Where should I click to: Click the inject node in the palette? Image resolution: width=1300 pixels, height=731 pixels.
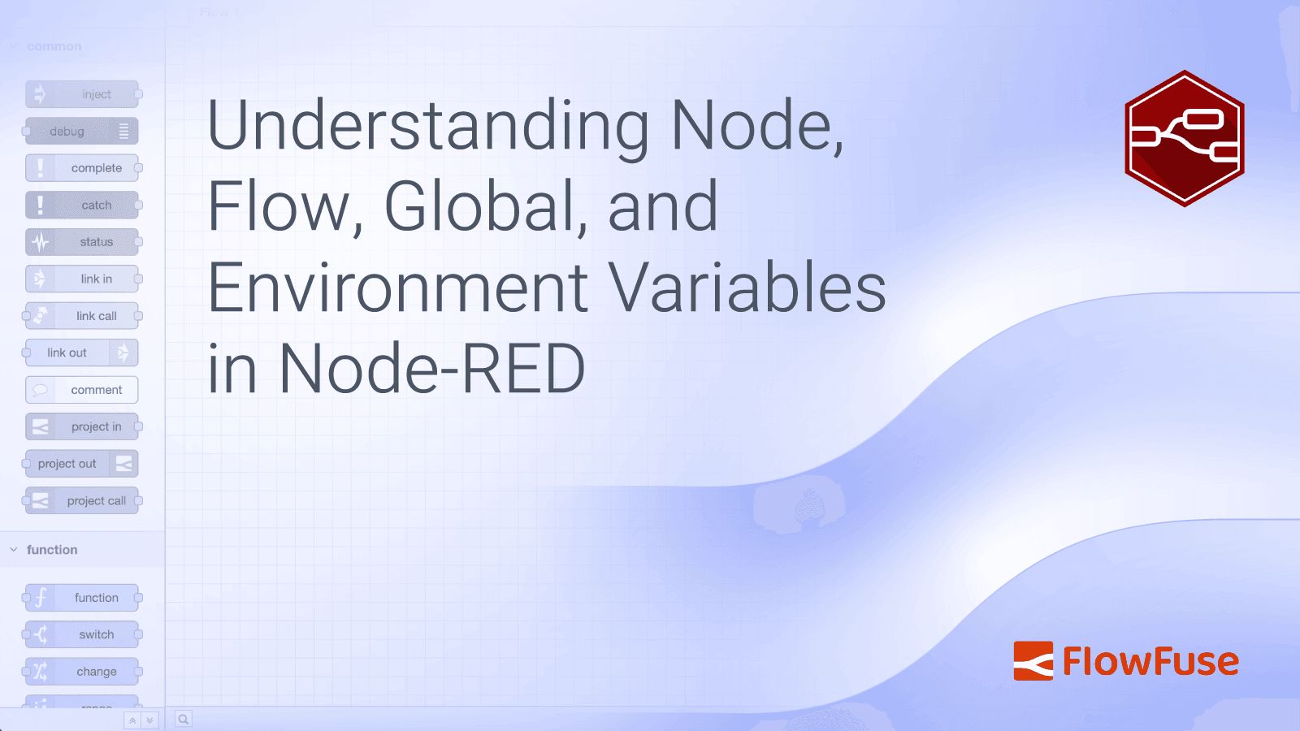[82, 94]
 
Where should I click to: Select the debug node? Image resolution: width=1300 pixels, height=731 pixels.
[82, 132]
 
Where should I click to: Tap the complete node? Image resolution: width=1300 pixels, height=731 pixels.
[82, 168]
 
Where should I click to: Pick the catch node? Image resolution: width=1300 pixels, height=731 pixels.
[82, 205]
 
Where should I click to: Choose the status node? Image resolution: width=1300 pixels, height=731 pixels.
[82, 242]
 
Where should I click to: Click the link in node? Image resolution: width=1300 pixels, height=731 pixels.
[82, 279]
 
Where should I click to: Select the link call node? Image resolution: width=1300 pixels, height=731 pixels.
[82, 316]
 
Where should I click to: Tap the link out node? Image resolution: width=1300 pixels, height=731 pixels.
[82, 353]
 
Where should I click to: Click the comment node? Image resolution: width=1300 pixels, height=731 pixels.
[82, 390]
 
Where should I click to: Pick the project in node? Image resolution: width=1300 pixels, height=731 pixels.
[82, 427]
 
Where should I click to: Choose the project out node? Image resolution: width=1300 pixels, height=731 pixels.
[82, 464]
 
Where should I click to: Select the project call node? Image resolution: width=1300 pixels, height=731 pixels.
[82, 501]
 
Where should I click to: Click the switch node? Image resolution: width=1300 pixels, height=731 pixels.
[82, 635]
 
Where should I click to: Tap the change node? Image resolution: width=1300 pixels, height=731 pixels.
[82, 672]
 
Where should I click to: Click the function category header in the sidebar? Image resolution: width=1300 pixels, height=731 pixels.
[52, 550]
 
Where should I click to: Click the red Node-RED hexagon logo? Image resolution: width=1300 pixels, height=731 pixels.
[1185, 138]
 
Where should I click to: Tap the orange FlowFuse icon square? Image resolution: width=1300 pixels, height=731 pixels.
[1033, 661]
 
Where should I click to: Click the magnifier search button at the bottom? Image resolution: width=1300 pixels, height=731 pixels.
[184, 719]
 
